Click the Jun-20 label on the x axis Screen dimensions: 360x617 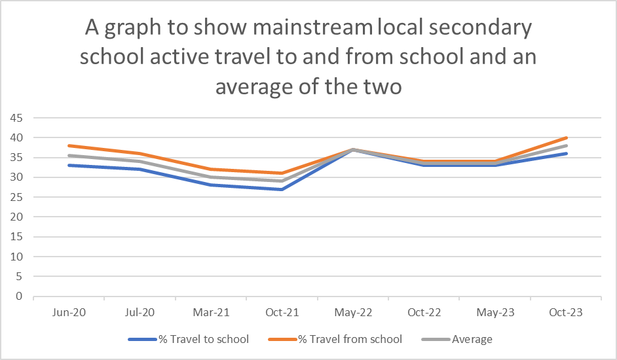tap(69, 312)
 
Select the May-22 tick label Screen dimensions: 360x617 tap(353, 312)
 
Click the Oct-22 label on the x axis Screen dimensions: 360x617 tap(424, 312)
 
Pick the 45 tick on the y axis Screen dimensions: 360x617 tap(16, 118)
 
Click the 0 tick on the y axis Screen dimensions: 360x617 tap(20, 297)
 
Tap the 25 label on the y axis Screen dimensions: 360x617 tap(16, 197)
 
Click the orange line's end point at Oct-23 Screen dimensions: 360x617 tap(566, 137)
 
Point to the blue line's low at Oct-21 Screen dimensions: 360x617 tap(282, 189)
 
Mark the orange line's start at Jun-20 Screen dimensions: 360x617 tap(69, 145)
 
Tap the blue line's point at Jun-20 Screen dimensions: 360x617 tap(69, 165)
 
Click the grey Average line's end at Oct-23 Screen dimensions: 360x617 tap(566, 145)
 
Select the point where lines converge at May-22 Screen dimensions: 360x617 tap(353, 149)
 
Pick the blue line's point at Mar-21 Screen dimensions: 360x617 tap(210, 185)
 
